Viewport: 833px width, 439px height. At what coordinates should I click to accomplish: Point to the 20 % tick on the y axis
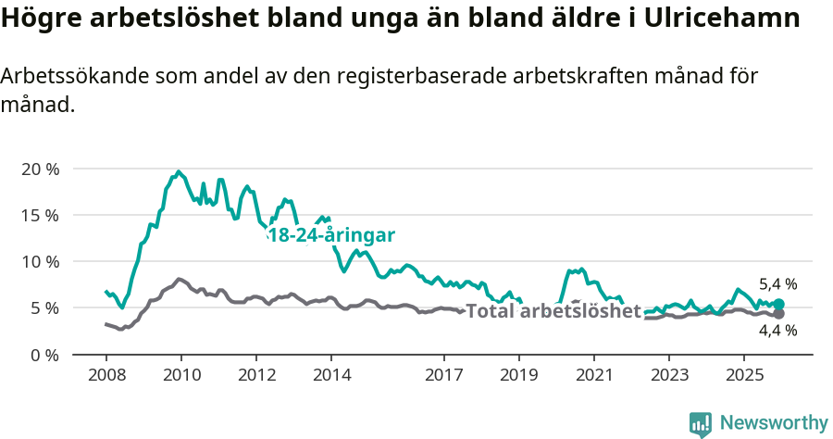40,169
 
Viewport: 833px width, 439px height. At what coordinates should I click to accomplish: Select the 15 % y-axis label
40,215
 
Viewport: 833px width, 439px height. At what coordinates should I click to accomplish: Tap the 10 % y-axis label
40,261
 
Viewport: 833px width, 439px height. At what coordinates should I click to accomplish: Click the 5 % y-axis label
44,307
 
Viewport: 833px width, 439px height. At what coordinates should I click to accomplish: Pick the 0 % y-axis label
44,354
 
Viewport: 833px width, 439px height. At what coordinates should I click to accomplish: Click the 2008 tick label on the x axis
106,375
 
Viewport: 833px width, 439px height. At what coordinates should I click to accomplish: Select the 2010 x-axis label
181,375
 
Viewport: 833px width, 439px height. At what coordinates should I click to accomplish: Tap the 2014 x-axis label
331,375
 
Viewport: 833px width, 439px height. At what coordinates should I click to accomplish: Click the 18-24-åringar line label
330,235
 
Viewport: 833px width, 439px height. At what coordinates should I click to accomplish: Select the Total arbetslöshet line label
553,311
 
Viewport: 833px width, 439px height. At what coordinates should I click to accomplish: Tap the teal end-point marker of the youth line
778,304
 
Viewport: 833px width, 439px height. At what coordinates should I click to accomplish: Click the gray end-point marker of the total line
778,314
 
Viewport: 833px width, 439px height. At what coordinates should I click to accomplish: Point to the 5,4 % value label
777,284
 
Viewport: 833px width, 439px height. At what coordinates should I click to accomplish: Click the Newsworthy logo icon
701,424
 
